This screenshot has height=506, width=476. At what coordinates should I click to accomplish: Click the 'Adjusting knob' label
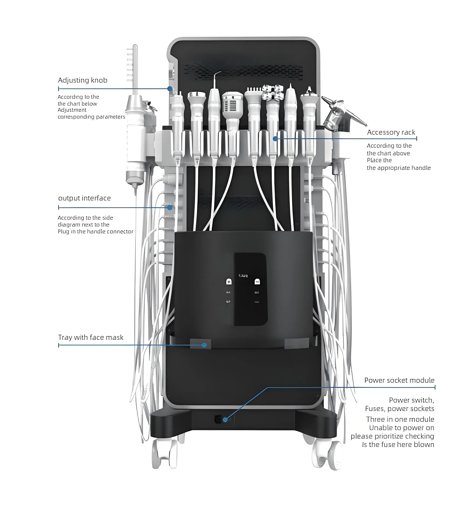click(x=82, y=80)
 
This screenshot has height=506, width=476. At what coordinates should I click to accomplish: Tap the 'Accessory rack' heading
click(x=391, y=132)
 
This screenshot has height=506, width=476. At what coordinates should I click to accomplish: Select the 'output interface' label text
click(x=84, y=198)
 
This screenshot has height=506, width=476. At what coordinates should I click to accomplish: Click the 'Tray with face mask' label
click(x=90, y=338)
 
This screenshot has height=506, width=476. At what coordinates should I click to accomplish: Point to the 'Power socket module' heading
click(x=399, y=380)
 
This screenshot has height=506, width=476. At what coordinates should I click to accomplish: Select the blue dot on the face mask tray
click(x=204, y=345)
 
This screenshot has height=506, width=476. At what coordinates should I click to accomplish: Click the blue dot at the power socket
click(x=225, y=420)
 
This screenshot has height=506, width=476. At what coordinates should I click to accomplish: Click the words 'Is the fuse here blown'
click(x=398, y=445)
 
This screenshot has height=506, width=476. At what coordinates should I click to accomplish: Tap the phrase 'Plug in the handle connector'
click(x=95, y=232)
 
